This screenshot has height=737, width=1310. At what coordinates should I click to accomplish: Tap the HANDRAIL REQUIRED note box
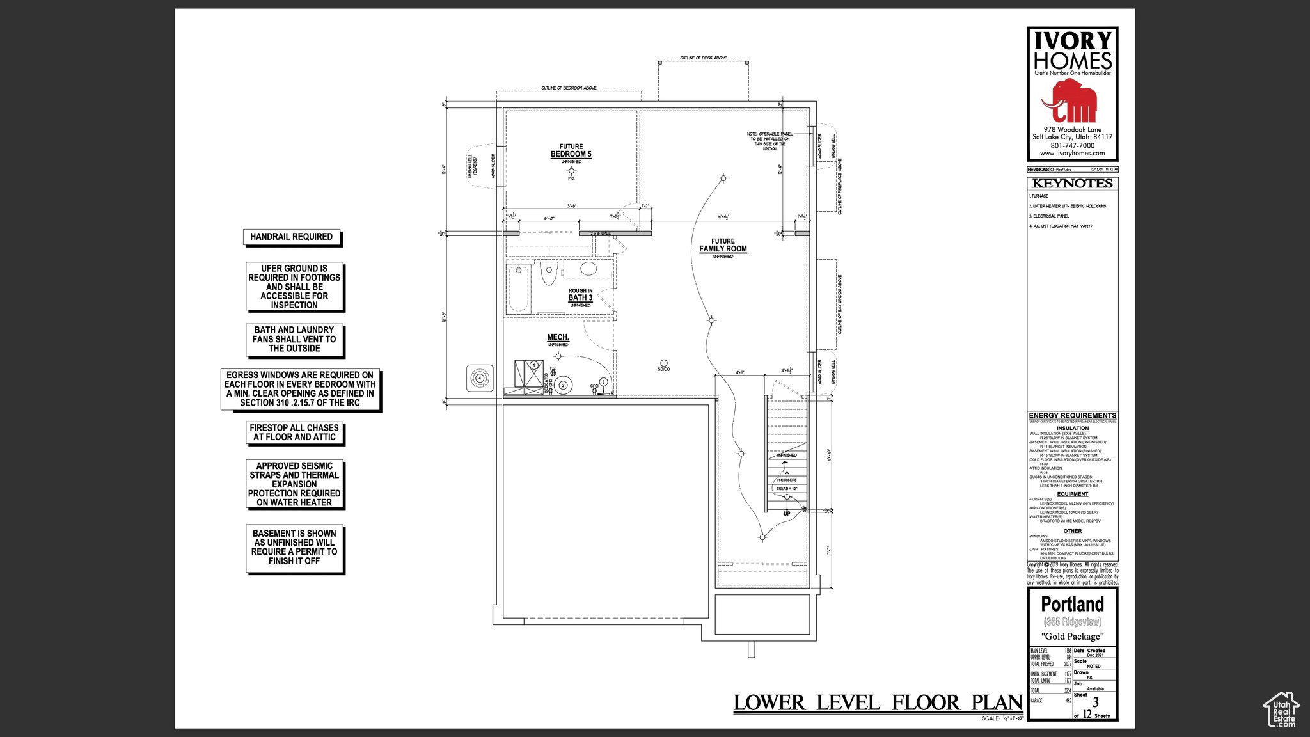click(292, 237)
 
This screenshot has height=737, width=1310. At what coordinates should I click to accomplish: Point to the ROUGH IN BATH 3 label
click(580, 295)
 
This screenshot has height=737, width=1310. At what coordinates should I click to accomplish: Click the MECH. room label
click(558, 338)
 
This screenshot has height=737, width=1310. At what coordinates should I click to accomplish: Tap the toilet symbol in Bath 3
click(549, 273)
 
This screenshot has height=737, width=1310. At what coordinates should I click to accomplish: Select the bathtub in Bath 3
click(519, 289)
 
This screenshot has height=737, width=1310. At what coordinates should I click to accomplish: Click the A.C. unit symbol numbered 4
click(480, 378)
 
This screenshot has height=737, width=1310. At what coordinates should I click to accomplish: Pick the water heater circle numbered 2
click(563, 385)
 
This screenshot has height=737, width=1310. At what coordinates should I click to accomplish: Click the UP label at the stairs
click(787, 514)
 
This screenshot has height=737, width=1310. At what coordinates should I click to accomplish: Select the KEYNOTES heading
click(1073, 184)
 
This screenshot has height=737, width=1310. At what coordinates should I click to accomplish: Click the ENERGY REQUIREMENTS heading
click(1073, 416)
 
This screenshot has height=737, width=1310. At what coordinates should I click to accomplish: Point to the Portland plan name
click(1073, 605)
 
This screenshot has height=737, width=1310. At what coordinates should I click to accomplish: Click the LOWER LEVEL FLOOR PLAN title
click(878, 703)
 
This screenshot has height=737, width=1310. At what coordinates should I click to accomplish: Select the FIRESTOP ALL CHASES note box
click(294, 433)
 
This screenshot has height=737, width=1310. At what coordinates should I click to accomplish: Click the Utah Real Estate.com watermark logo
click(1281, 709)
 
